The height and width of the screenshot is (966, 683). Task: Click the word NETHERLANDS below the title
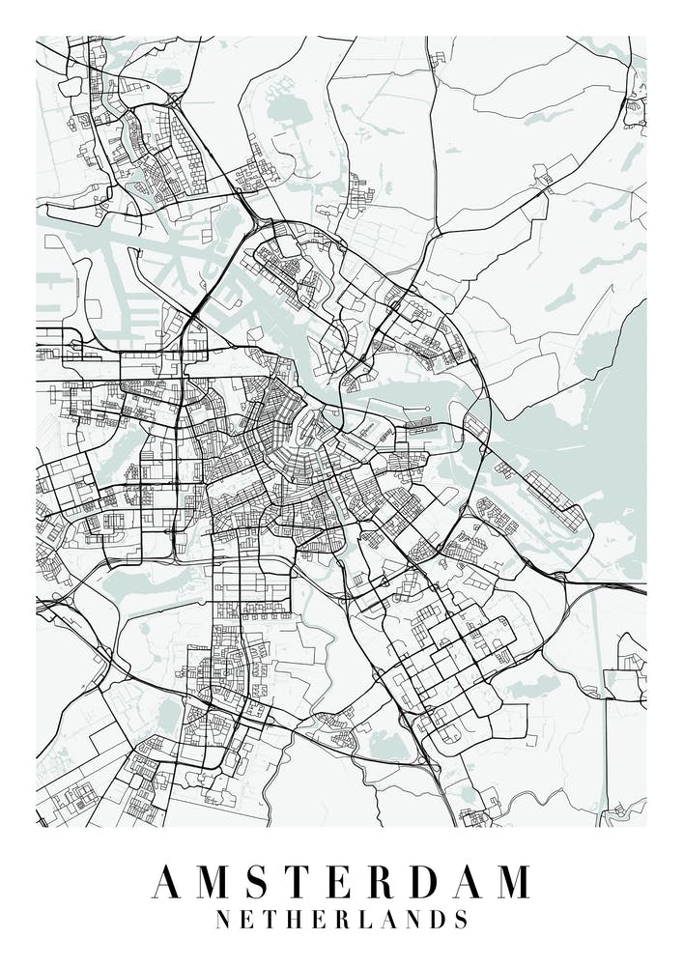(342, 918)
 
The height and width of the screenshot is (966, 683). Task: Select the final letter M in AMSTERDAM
(511, 880)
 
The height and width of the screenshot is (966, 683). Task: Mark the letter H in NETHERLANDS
(296, 918)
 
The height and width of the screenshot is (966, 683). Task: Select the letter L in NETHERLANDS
(366, 918)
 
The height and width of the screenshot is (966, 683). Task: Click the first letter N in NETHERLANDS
(223, 918)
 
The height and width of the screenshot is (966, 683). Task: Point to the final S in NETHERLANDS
(461, 918)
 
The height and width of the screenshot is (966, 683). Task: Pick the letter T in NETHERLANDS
(271, 918)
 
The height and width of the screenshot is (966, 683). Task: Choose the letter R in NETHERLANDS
(343, 918)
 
